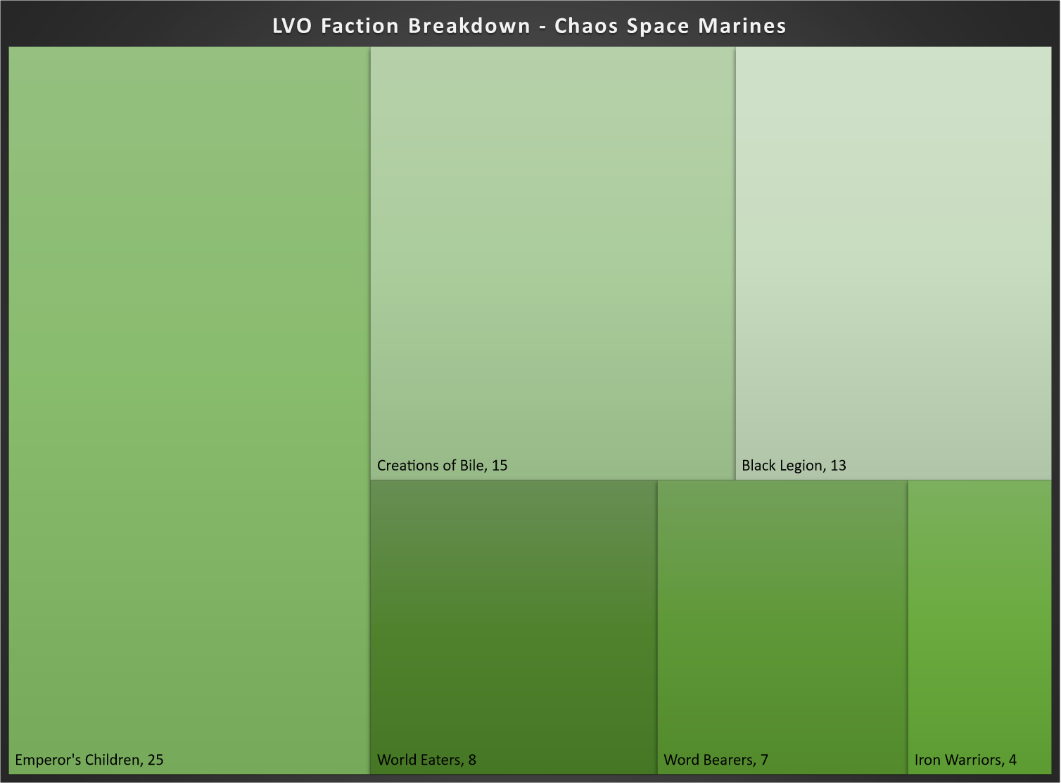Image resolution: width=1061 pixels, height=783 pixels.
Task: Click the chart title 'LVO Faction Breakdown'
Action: [x=401, y=26]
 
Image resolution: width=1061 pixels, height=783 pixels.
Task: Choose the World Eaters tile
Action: [x=513, y=627]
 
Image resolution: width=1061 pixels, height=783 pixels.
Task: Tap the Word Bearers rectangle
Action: [x=782, y=627]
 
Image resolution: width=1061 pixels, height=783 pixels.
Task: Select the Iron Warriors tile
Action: [x=979, y=627]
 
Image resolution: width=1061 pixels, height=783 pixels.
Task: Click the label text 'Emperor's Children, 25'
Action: [x=89, y=760]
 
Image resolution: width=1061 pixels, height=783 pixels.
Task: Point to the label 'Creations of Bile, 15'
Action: [x=442, y=466]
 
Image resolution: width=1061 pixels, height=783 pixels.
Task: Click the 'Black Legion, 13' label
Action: [x=794, y=466]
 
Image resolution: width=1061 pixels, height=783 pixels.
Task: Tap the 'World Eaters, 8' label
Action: [x=426, y=760]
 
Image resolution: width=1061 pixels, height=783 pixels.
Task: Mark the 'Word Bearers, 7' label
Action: [x=716, y=760]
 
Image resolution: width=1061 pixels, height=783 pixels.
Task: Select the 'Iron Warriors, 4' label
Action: [x=965, y=760]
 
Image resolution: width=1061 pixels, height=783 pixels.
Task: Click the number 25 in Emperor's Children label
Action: [x=155, y=760]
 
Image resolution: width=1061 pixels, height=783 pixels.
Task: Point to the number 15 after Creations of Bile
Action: [x=500, y=466]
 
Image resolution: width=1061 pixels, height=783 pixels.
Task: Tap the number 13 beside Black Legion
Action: [x=838, y=466]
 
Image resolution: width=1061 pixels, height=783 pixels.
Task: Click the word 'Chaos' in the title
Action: [x=586, y=26]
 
